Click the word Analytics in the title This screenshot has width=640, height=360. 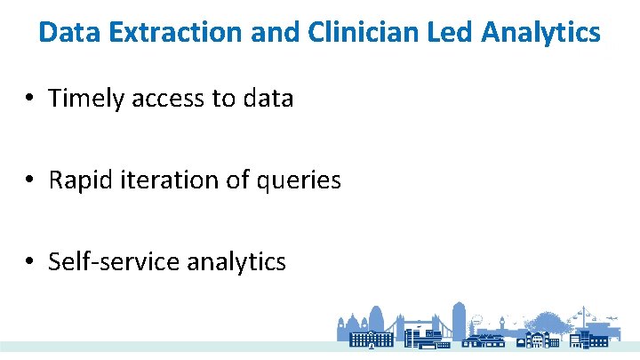(x=541, y=33)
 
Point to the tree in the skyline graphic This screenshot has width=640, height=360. (x=544, y=321)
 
